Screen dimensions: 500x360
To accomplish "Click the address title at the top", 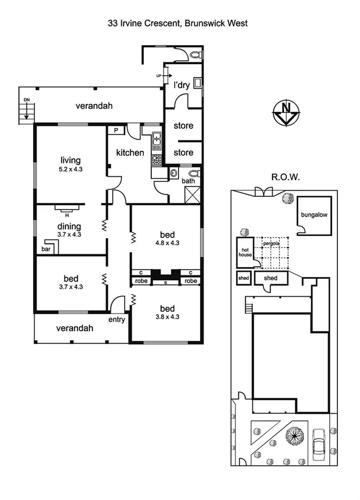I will [x=177, y=24].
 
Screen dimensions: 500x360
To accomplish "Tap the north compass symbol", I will [x=285, y=112].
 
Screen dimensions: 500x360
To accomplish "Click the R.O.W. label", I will [x=285, y=177].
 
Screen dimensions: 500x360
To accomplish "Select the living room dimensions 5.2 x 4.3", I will [x=70, y=170].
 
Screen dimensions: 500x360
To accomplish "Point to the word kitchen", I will [x=130, y=153].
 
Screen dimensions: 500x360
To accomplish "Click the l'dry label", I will [x=182, y=85].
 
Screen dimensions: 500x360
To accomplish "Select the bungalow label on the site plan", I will [x=314, y=214].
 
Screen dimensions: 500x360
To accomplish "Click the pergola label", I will [x=271, y=243].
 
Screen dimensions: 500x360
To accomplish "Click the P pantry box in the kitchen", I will [x=116, y=131].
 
